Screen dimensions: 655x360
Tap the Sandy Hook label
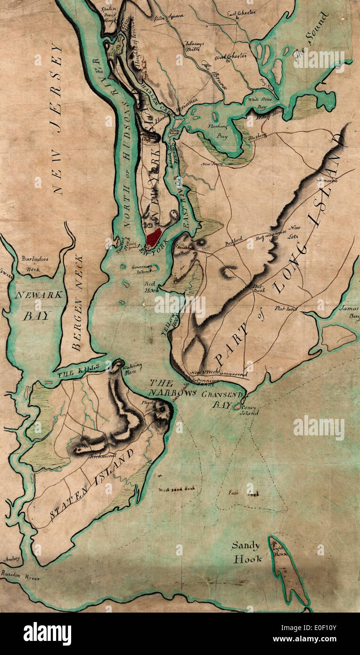point(245,552)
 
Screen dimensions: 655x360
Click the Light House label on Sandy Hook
point(280,550)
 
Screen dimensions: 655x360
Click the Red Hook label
point(152,287)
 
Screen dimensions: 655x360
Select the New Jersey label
point(57,118)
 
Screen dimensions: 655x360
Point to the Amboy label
point(12,559)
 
